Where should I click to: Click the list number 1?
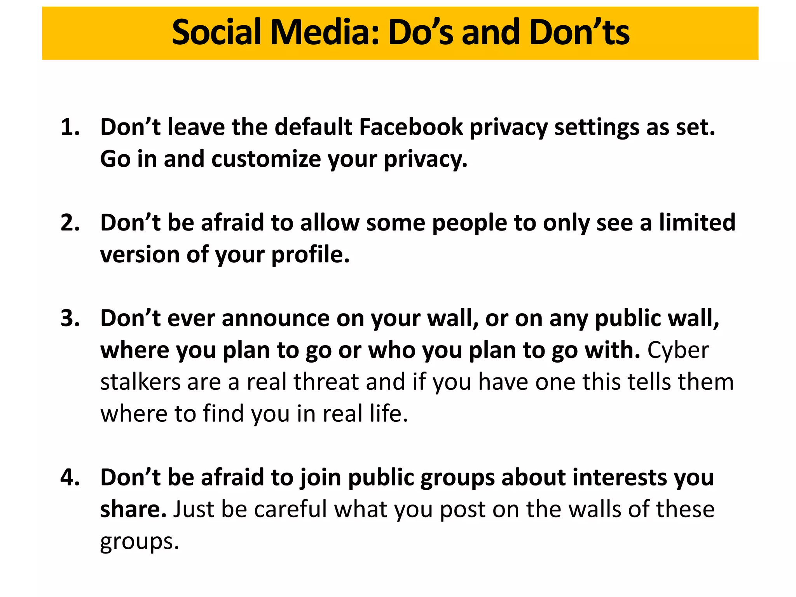tap(70, 127)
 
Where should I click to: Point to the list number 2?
tap(70, 223)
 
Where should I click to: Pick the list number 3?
tap(70, 318)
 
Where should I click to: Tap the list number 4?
tap(70, 478)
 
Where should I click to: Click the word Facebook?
tap(411, 127)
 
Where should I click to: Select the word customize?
tap(266, 159)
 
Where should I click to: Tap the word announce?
tap(276, 318)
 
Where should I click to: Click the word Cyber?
tap(678, 351)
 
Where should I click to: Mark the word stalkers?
tap(140, 382)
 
